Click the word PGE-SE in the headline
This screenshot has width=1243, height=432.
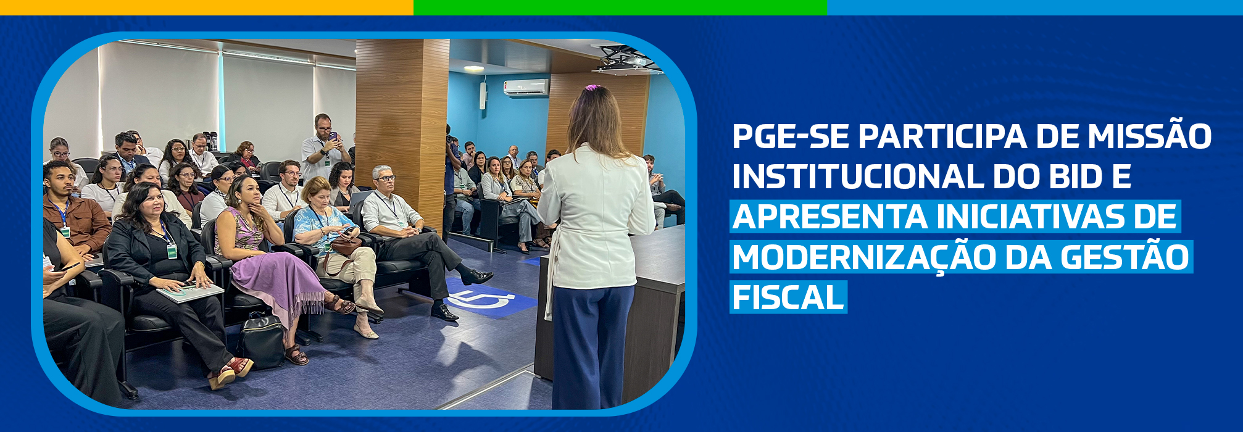790,136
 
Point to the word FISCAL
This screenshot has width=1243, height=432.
788,298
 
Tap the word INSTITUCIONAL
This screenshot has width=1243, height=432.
858,177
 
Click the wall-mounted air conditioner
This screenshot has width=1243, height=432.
526,88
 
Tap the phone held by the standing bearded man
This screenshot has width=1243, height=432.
333,136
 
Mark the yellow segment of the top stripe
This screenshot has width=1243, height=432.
207,7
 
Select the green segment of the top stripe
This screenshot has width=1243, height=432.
620,7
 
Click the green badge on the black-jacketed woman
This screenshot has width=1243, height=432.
172,251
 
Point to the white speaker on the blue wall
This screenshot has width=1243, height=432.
483,96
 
